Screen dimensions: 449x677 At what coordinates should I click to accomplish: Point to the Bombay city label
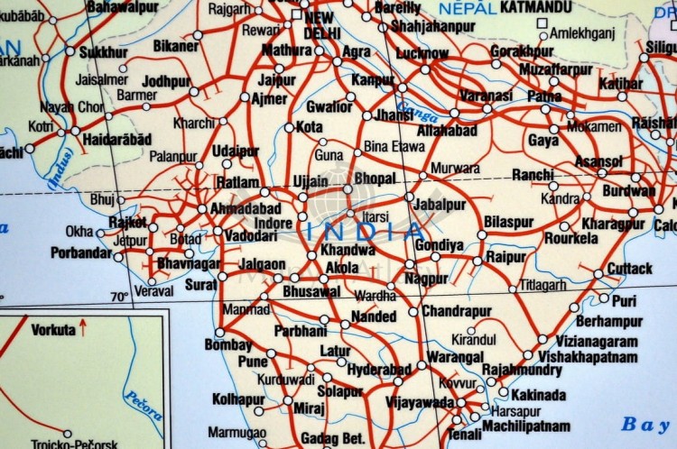pos(227,345)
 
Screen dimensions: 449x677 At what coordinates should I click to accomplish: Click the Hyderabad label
pos(379,370)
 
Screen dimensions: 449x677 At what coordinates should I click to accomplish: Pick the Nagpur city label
pos(426,279)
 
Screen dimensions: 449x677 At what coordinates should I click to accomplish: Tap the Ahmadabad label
pos(245,208)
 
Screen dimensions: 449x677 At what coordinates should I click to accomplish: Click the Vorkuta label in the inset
pos(53,330)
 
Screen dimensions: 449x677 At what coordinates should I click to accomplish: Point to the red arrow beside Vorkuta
pos(83,328)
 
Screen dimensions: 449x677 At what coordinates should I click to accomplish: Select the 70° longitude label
pos(119,297)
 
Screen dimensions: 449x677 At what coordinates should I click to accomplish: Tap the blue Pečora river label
pos(143,405)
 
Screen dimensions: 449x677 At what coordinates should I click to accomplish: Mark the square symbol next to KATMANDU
pos(542,23)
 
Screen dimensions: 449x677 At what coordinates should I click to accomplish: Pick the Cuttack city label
pos(629,269)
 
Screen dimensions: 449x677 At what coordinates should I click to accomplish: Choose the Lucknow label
pos(422,53)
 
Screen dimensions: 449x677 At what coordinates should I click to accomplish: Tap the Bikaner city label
pos(176,45)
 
